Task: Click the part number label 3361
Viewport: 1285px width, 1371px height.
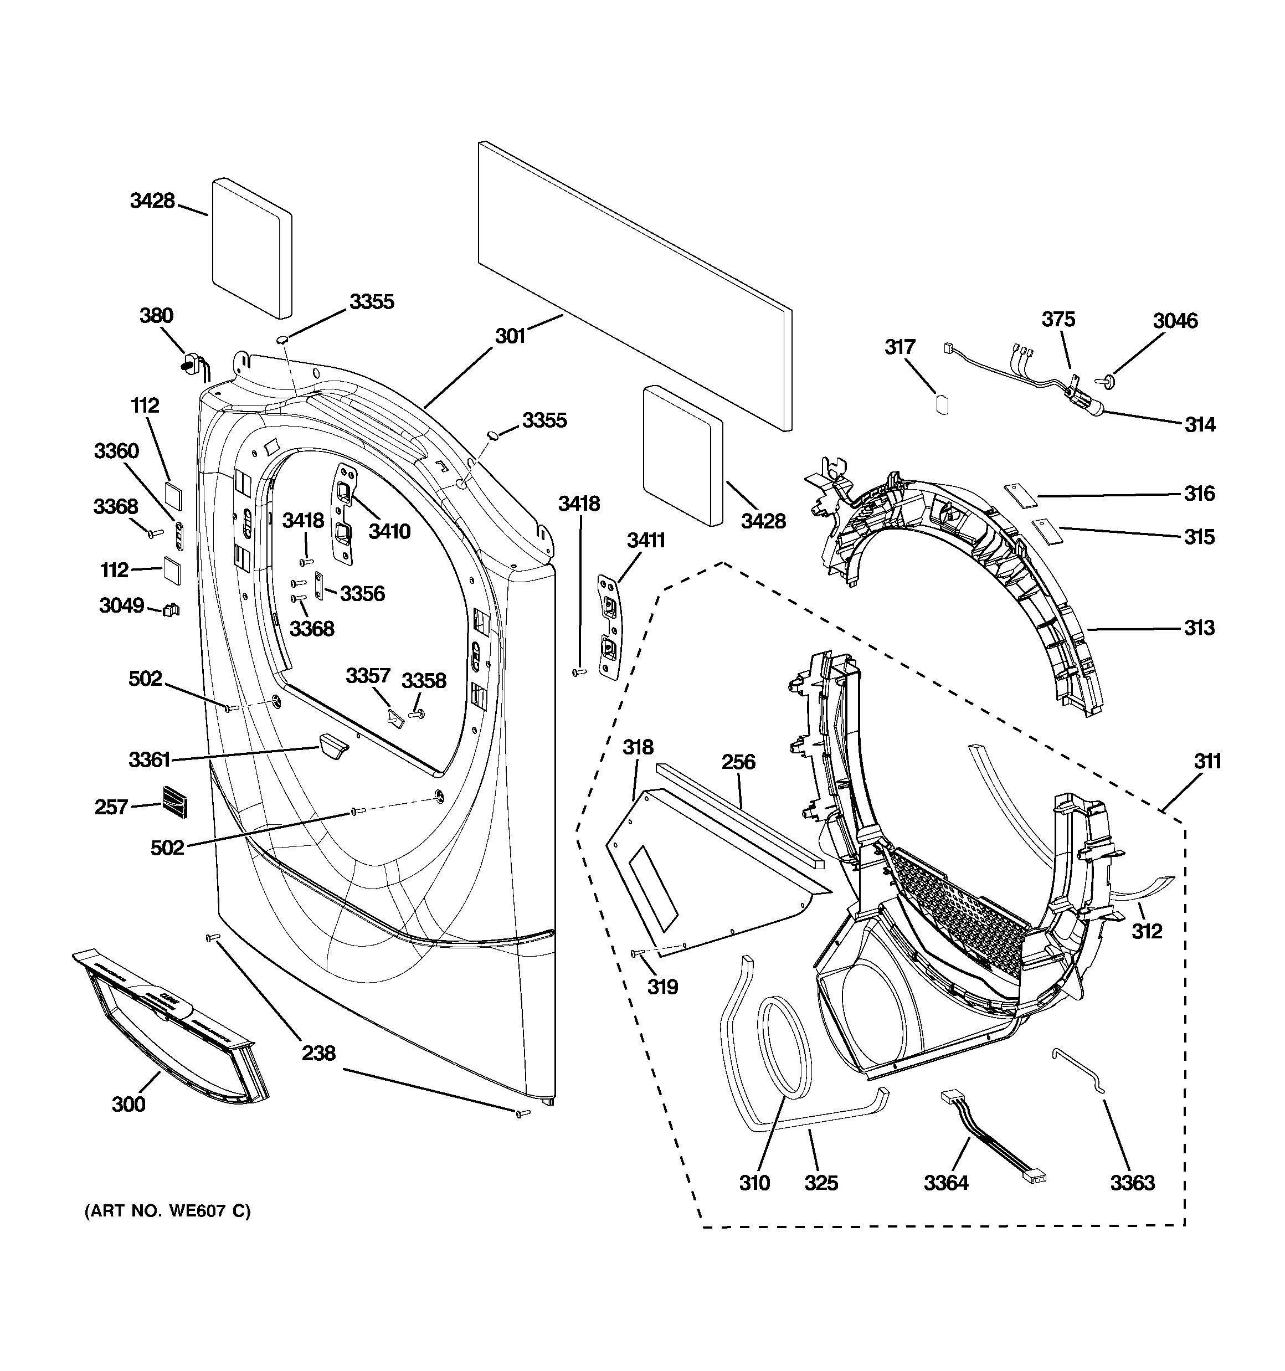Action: point(149,760)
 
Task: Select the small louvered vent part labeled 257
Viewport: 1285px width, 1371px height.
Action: point(175,802)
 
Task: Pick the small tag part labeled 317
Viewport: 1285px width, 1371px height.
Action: point(942,403)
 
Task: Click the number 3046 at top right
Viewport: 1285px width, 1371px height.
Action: point(1175,321)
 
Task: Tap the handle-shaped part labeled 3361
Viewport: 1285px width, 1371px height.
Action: point(332,746)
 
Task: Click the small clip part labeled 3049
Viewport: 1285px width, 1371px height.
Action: point(171,610)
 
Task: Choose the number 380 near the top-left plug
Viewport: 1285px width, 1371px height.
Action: point(157,316)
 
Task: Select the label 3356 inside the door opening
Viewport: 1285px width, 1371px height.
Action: point(362,593)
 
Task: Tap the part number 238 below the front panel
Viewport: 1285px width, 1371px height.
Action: point(318,1053)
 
